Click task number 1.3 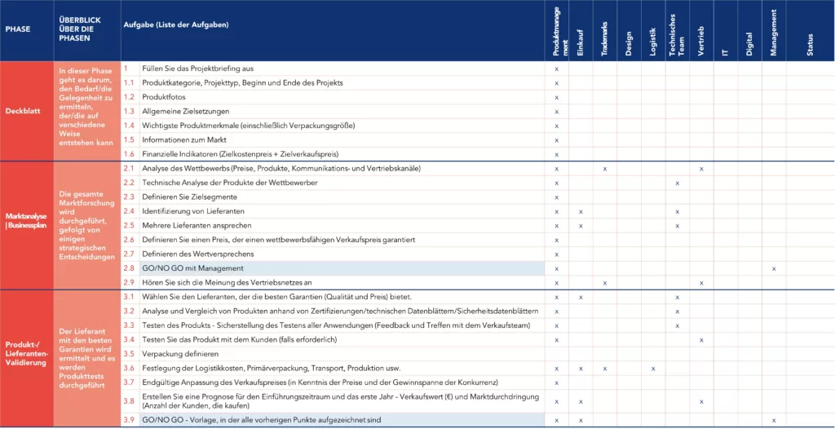coord(129,111)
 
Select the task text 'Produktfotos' coord(164,97)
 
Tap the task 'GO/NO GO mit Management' coord(192,268)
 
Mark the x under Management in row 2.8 coord(773,268)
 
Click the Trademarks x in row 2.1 coord(604,169)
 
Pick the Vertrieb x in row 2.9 coord(701,282)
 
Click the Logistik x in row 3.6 coord(653,369)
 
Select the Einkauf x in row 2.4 coord(580,211)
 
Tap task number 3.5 coord(129,354)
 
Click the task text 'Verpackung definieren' coord(180,354)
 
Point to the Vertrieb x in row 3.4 coord(701,339)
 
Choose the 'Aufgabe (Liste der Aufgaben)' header coord(175,24)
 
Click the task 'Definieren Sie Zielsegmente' coord(190,197)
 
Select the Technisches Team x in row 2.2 coord(677,183)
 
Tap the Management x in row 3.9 coord(773,420)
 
